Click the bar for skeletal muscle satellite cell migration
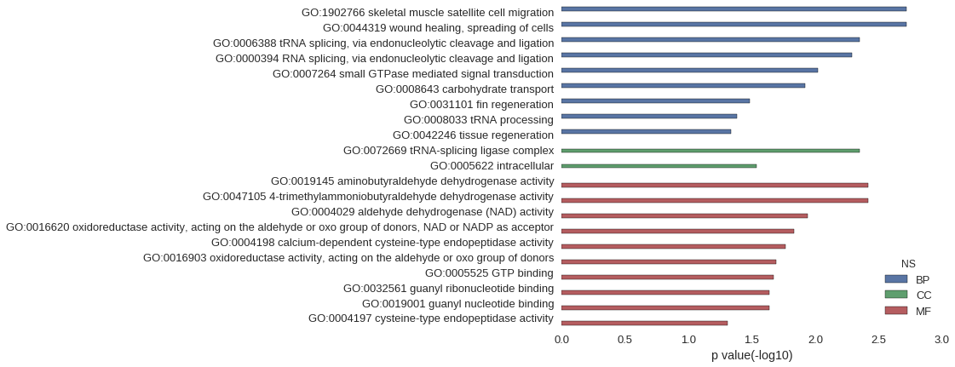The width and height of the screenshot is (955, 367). (734, 9)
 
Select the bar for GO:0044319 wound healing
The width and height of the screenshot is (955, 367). (734, 25)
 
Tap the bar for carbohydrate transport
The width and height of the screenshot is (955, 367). (683, 85)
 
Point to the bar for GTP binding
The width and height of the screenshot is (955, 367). (668, 277)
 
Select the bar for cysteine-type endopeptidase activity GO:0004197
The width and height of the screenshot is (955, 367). (644, 324)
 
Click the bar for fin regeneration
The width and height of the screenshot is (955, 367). (655, 100)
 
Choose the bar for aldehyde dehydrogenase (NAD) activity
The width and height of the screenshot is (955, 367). (685, 215)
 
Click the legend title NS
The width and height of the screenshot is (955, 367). (908, 263)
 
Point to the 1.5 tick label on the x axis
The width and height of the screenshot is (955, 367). (751, 339)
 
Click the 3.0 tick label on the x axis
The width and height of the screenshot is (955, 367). (941, 339)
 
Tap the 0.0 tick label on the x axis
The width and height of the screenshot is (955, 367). (561, 339)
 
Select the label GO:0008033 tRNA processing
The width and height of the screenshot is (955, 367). (479, 120)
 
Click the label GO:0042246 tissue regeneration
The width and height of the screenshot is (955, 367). (473, 135)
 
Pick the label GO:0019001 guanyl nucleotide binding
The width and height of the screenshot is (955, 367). (458, 304)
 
